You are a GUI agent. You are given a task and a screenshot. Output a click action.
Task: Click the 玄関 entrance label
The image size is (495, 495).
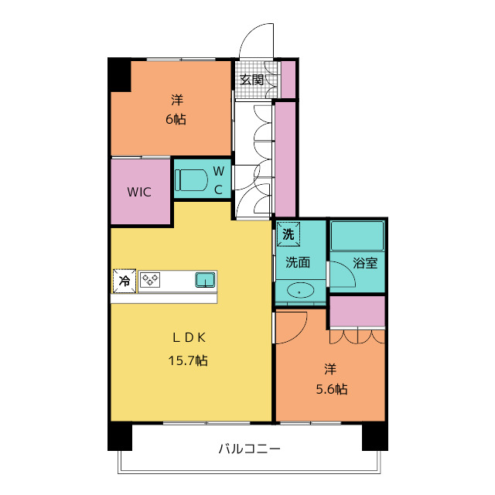[x=251, y=80]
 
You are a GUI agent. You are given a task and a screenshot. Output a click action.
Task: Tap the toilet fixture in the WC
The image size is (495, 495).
[x=191, y=180]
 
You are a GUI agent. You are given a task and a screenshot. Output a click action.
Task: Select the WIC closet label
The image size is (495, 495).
[x=139, y=192]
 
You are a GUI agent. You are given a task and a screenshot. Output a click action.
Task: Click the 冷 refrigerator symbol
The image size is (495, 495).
[x=125, y=281]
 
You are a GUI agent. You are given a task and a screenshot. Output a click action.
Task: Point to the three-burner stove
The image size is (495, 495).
[x=150, y=280]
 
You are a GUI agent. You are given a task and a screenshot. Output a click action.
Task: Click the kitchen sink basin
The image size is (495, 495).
[x=206, y=280]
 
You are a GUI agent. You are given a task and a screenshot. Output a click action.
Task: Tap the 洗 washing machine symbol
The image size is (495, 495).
[x=288, y=234]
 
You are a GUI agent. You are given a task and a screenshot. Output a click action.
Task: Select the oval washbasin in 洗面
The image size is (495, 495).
[x=300, y=291]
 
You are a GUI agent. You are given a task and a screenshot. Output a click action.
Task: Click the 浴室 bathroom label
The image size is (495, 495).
[x=365, y=263]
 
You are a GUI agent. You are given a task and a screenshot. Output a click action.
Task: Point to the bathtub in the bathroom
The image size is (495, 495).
[x=357, y=236]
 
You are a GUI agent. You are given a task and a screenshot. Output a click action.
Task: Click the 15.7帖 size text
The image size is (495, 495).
[x=188, y=360]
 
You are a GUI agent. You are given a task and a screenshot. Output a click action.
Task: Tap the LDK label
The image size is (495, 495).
[x=189, y=338]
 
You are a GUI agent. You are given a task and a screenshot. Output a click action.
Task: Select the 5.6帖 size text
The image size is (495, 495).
[x=332, y=389]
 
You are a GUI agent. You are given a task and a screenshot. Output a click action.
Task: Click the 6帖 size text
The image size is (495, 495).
[x=176, y=119]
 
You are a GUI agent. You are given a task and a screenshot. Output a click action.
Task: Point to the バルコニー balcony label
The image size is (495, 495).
[x=249, y=449]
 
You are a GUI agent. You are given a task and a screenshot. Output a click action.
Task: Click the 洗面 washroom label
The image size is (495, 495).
[x=298, y=262]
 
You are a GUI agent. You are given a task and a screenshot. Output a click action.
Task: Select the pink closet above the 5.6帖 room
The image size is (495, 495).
[x=357, y=312]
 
